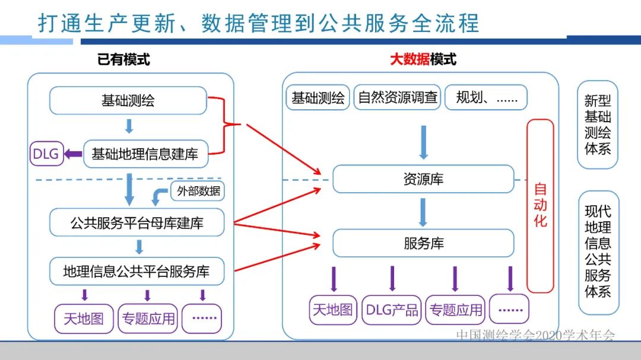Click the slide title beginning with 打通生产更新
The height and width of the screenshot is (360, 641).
click(258, 23)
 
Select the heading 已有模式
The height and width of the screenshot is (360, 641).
click(123, 59)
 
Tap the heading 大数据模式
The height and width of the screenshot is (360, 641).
click(423, 59)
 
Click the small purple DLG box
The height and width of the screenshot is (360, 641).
click(46, 154)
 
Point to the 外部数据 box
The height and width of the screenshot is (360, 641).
click(198, 191)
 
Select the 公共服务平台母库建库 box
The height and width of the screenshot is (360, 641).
click(137, 224)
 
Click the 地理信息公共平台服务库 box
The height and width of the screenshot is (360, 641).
click(137, 272)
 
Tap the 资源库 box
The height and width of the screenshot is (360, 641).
click(423, 179)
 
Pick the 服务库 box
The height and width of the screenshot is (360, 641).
click(423, 243)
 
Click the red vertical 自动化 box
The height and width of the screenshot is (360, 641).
click(540, 206)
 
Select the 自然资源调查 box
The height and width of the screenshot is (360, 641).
click(398, 98)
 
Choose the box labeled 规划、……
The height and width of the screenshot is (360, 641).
click(486, 98)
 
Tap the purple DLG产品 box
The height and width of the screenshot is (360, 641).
click(391, 310)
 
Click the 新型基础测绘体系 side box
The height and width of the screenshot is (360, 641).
click(597, 125)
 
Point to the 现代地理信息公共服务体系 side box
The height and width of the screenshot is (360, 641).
click(598, 251)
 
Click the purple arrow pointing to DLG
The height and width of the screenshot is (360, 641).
click(73, 154)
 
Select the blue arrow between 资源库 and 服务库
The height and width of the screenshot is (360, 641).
click(423, 212)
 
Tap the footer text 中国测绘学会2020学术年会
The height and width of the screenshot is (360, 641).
click(535, 335)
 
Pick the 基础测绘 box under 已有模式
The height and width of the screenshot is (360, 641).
click(128, 100)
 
